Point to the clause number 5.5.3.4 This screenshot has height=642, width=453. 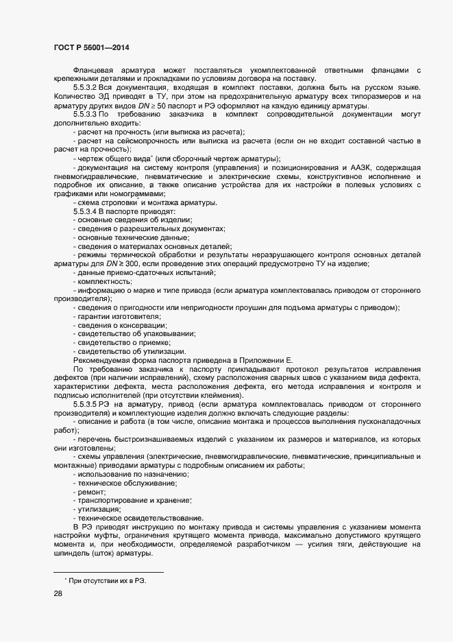86,212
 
